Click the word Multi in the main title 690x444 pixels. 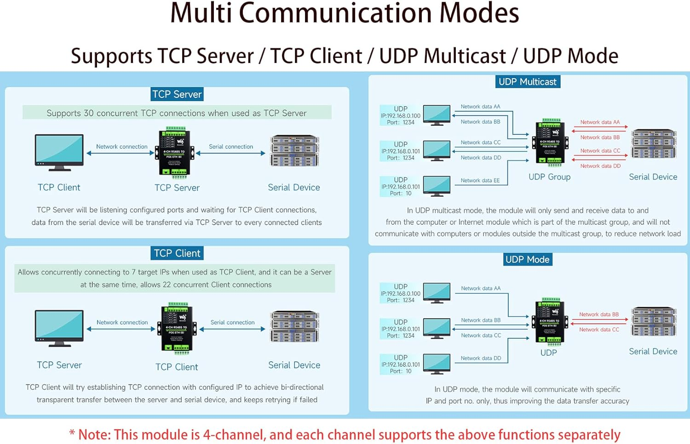(x=201, y=13)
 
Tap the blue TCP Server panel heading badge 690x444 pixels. (x=177, y=94)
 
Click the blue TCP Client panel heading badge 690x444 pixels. (x=177, y=253)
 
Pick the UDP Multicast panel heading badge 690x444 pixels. (x=527, y=82)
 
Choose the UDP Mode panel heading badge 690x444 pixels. (x=527, y=259)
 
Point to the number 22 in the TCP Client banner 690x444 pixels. (x=167, y=285)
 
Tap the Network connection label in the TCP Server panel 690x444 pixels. (x=121, y=147)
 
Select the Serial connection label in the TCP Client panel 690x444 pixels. (x=232, y=322)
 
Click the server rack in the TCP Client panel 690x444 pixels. (x=294, y=327)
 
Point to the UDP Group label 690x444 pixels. (x=549, y=177)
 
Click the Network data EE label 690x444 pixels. (x=480, y=181)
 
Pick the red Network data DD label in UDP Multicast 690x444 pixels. (x=600, y=166)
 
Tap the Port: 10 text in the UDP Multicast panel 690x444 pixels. (x=401, y=194)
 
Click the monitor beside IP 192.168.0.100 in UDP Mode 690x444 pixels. (x=437, y=293)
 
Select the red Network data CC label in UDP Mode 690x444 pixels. (x=599, y=330)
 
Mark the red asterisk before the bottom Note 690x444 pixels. (x=72, y=433)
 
